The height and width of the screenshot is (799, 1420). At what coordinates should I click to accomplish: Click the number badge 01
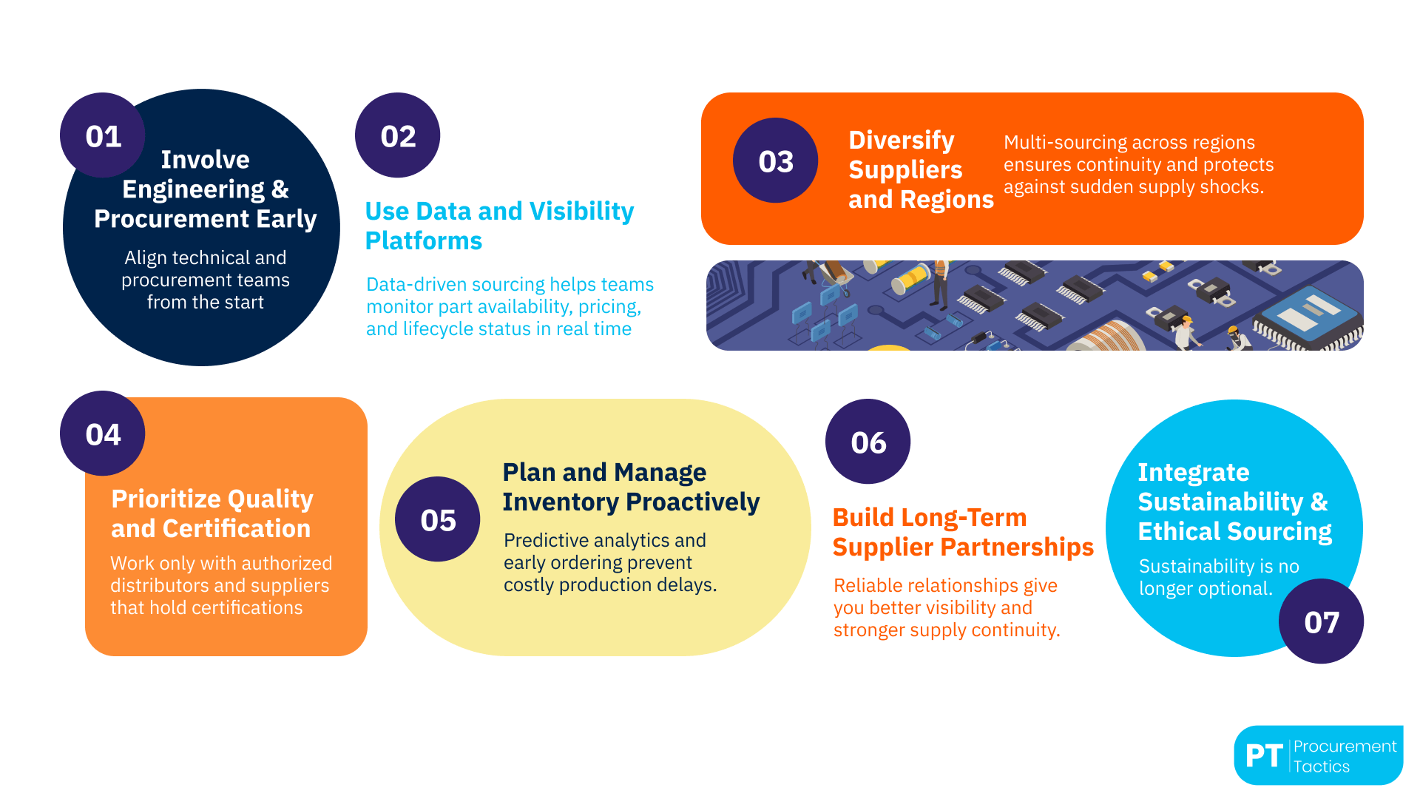102,135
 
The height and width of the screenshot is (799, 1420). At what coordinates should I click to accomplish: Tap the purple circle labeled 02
398,135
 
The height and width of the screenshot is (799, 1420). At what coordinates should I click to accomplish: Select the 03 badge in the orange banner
775,161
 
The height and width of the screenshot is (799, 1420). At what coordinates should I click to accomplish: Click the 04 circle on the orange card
102,434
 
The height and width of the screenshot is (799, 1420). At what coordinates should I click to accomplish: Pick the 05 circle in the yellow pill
437,519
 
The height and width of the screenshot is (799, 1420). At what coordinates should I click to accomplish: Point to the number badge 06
868,442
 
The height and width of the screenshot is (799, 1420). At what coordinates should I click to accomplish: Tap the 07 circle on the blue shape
1321,621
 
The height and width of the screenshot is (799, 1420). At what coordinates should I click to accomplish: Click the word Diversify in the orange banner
901,140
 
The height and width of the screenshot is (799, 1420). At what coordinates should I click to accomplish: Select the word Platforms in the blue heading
423,240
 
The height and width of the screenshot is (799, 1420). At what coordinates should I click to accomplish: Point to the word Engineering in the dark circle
193,189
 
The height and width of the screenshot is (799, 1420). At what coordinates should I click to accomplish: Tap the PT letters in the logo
1263,756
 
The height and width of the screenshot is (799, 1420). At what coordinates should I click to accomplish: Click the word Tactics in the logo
1321,766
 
